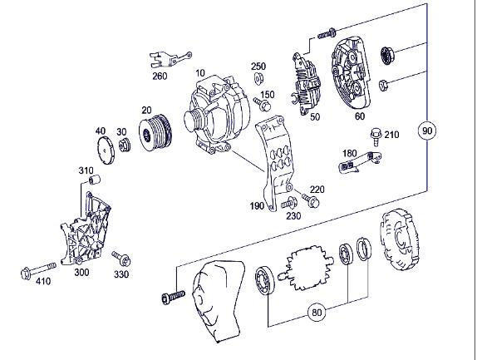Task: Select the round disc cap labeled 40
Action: coord(104,150)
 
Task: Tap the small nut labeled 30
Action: coord(125,146)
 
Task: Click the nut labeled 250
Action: coord(257,80)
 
